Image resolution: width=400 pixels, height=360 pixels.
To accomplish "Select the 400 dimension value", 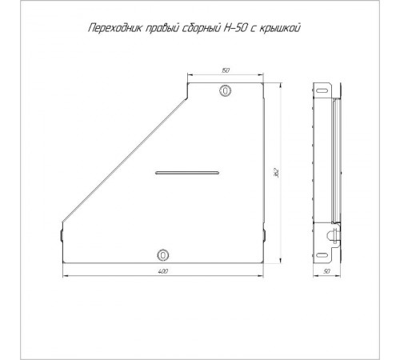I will coord(163,274).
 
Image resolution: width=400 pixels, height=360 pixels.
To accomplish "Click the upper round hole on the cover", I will coord(226,90).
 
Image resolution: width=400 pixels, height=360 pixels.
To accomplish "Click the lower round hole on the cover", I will coord(163,254).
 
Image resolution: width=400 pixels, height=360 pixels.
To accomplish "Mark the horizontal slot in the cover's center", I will coord(186,171).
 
